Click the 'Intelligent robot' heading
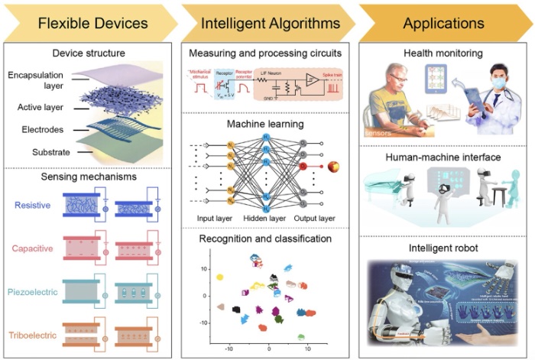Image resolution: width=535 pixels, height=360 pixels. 444,249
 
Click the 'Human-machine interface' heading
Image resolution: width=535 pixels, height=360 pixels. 444,157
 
